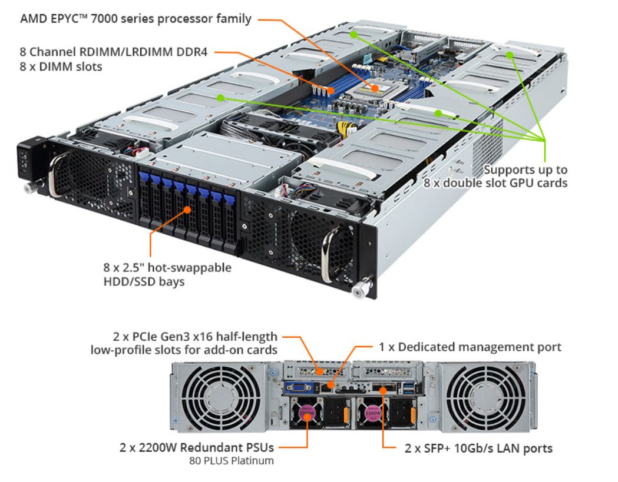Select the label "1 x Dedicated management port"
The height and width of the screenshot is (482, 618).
pyautogui.click(x=470, y=348)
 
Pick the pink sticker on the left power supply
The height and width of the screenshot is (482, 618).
pyautogui.click(x=308, y=414)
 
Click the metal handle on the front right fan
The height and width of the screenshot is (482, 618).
pyautogui.click(x=330, y=247)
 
